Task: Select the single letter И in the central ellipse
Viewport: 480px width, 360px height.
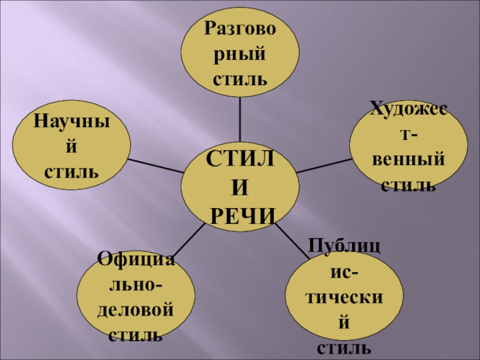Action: click(239, 187)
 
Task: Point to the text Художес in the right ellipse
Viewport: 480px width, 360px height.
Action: click(408, 109)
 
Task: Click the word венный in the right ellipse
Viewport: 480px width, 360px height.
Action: click(409, 161)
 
